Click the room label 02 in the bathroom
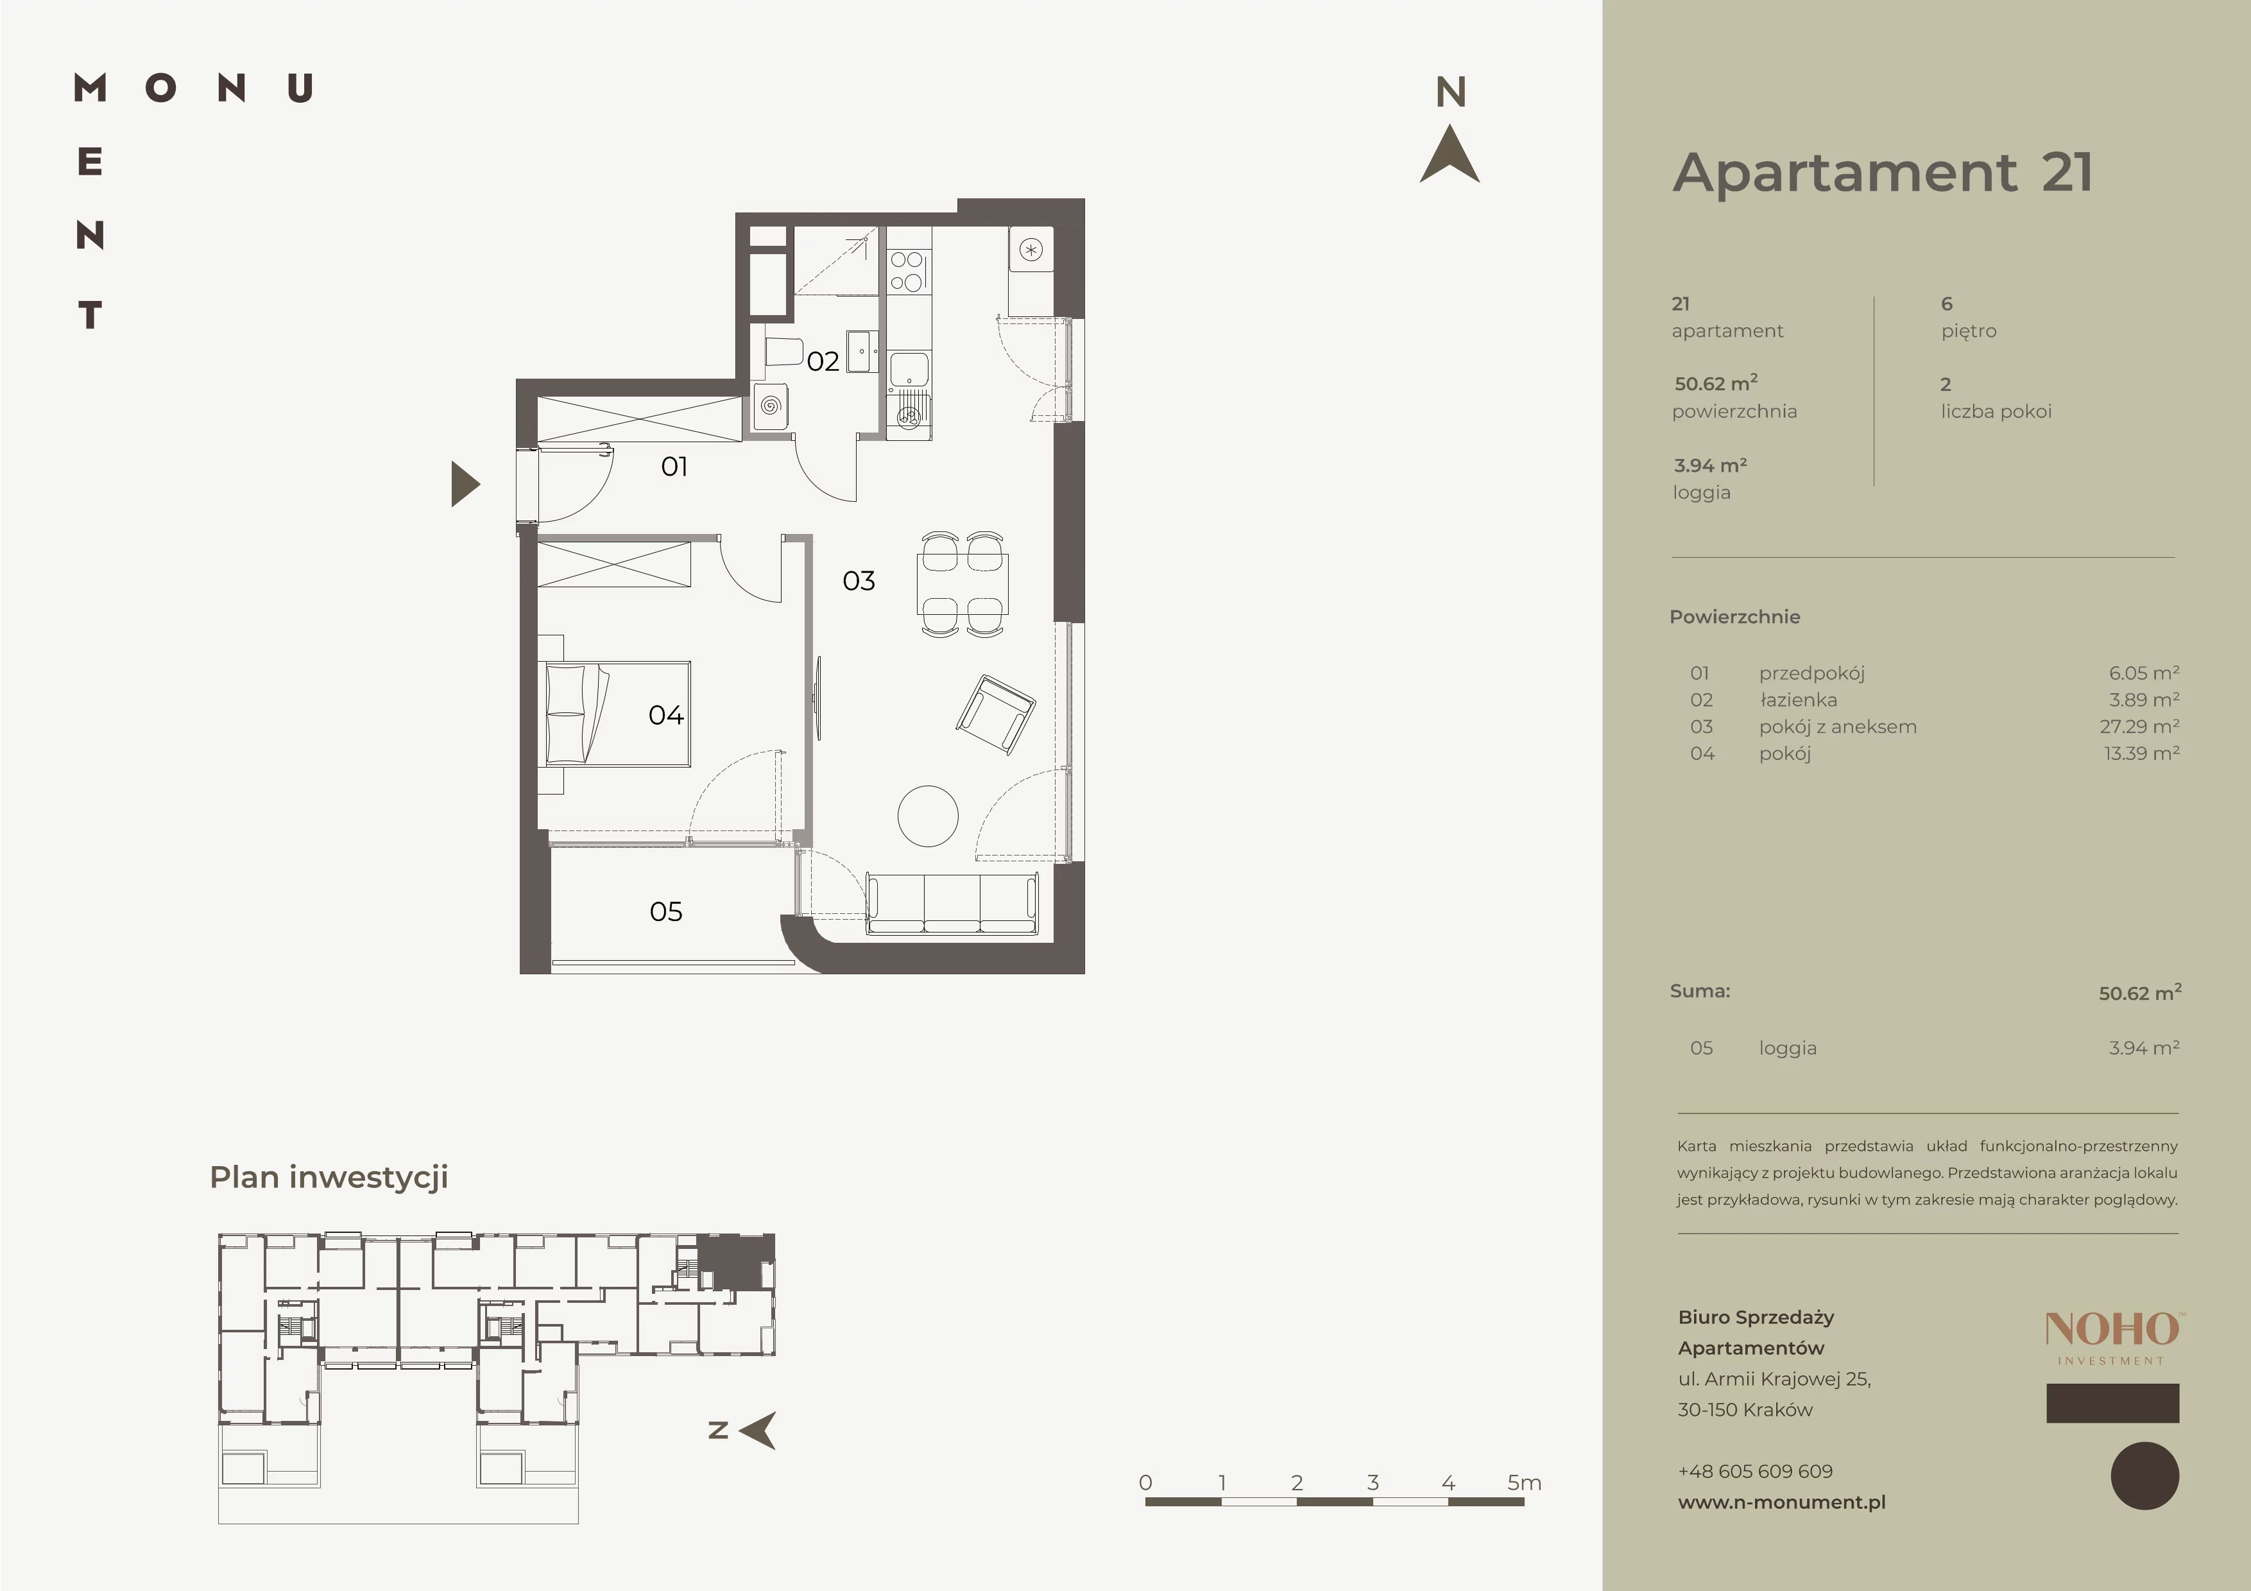coord(823,362)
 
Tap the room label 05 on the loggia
coord(665,911)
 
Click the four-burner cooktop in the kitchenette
coord(907,271)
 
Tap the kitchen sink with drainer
coord(909,393)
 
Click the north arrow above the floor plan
coord(1450,154)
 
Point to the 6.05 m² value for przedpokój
coord(2144,673)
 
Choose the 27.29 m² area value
coord(2140,727)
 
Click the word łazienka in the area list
coord(1798,700)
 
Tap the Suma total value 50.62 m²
coord(2140,993)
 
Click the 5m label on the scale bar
coord(1525,1483)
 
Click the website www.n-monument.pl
coord(1781,1502)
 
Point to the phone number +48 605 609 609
coord(1755,1472)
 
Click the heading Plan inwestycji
coord(329,1177)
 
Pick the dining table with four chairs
coord(962,584)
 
